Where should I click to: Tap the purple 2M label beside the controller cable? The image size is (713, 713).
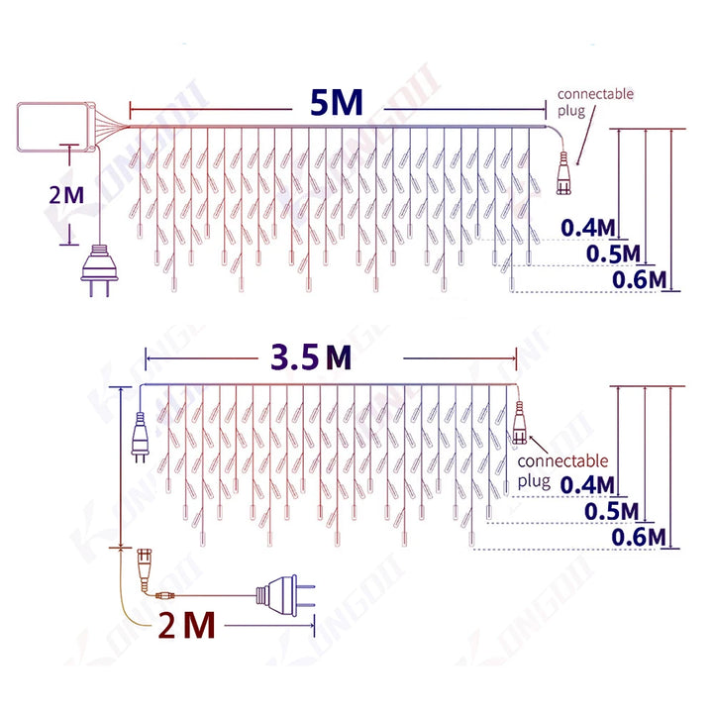coord(67,193)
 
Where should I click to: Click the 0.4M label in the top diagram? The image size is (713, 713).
coord(588,227)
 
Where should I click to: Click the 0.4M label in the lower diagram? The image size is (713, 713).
coord(588,484)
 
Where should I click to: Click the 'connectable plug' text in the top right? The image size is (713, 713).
coord(595,101)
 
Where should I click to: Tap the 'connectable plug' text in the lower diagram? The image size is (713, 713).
coord(562,470)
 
